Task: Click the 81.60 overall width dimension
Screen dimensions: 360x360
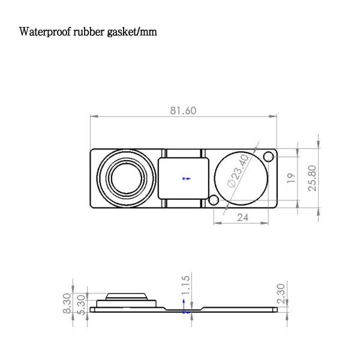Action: coord(183,111)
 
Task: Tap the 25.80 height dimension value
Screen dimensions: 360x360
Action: coord(312,178)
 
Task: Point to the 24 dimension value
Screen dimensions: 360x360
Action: coord(242,218)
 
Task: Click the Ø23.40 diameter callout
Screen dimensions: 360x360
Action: coord(234,170)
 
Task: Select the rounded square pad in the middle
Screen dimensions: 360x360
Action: coord(184,178)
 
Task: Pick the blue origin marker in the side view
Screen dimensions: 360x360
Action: coord(185,311)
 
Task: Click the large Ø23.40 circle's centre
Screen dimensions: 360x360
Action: coord(240,178)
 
